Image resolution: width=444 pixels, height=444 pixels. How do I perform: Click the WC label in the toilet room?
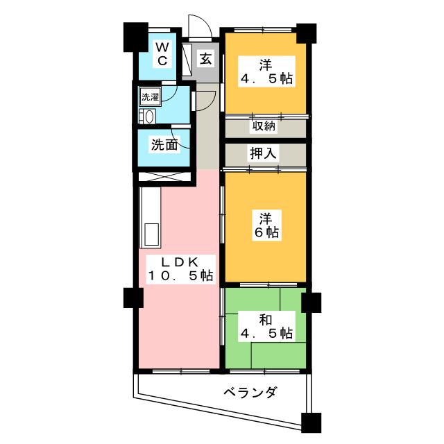161,54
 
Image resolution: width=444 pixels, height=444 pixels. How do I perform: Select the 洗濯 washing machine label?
150,96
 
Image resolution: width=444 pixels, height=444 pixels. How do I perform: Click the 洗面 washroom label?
165,146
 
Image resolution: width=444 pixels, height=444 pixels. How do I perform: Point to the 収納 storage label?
264,126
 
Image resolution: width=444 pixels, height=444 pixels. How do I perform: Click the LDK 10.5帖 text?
180,269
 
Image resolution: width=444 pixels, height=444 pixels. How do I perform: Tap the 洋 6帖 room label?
264,224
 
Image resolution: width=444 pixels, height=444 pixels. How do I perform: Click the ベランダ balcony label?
250,393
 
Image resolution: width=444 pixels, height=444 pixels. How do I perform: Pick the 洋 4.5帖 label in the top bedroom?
266,72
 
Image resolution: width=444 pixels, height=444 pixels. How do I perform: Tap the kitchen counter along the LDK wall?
150,219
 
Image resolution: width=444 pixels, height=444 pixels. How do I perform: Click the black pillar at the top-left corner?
134,36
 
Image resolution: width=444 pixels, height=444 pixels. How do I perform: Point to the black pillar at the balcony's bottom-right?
311,422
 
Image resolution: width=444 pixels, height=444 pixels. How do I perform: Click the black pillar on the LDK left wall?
133,298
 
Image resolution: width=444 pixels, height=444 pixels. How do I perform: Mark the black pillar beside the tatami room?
311,302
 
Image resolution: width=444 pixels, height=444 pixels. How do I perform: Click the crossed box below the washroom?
164,176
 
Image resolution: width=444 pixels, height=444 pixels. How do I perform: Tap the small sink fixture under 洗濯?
146,115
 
